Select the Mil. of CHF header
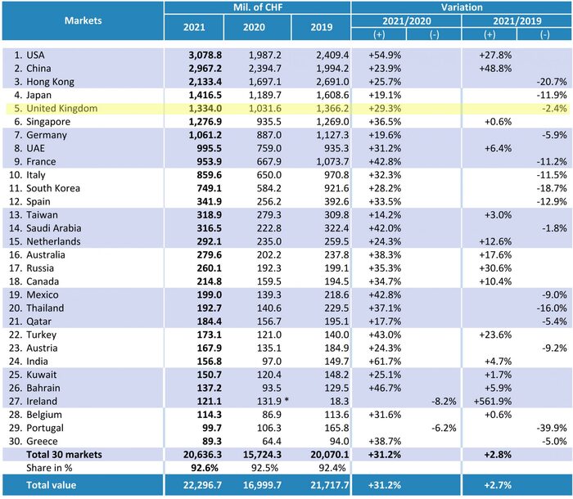click(256, 8)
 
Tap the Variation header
click(461, 8)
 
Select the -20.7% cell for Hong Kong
click(553, 81)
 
